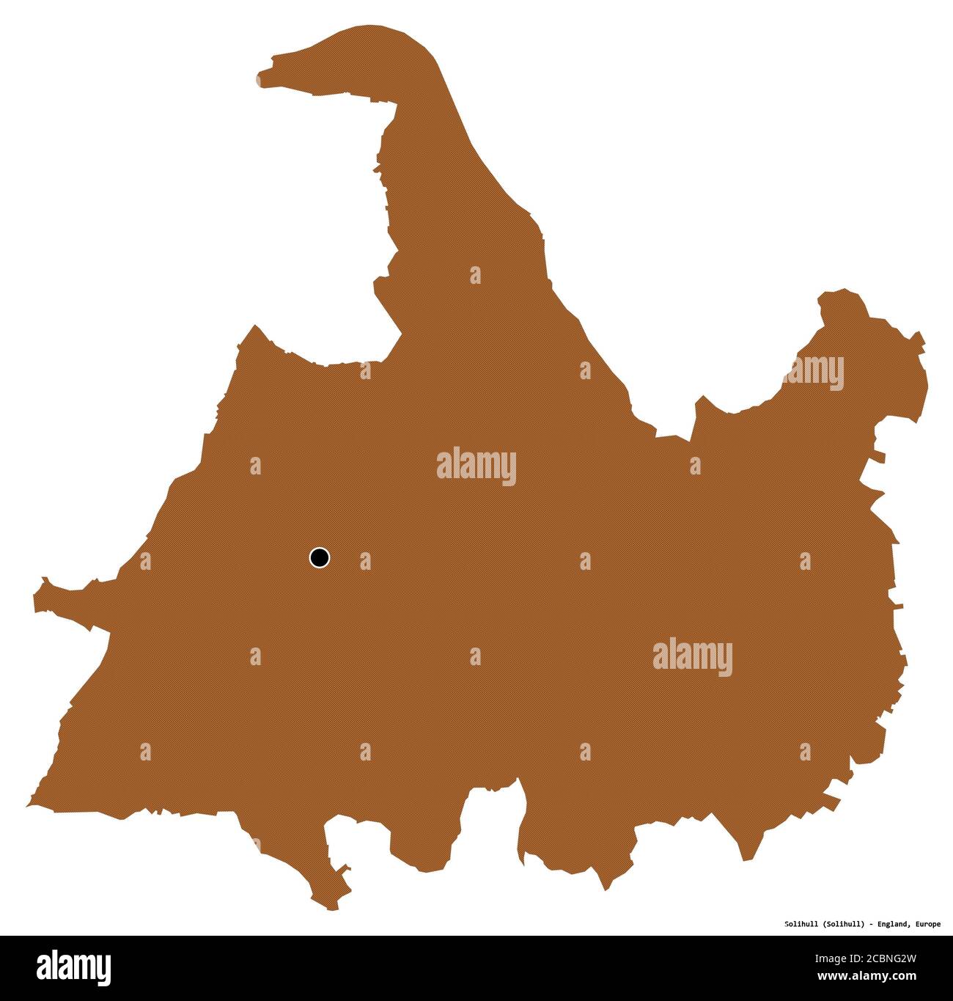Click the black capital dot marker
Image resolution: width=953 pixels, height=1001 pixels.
319,558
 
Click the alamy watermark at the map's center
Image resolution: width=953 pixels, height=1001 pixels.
476,466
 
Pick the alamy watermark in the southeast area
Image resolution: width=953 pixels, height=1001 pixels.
692,657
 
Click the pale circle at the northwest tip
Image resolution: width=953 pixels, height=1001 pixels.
260,79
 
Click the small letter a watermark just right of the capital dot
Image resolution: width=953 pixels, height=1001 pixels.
365,562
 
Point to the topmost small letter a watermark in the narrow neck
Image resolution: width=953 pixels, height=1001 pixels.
475,276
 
